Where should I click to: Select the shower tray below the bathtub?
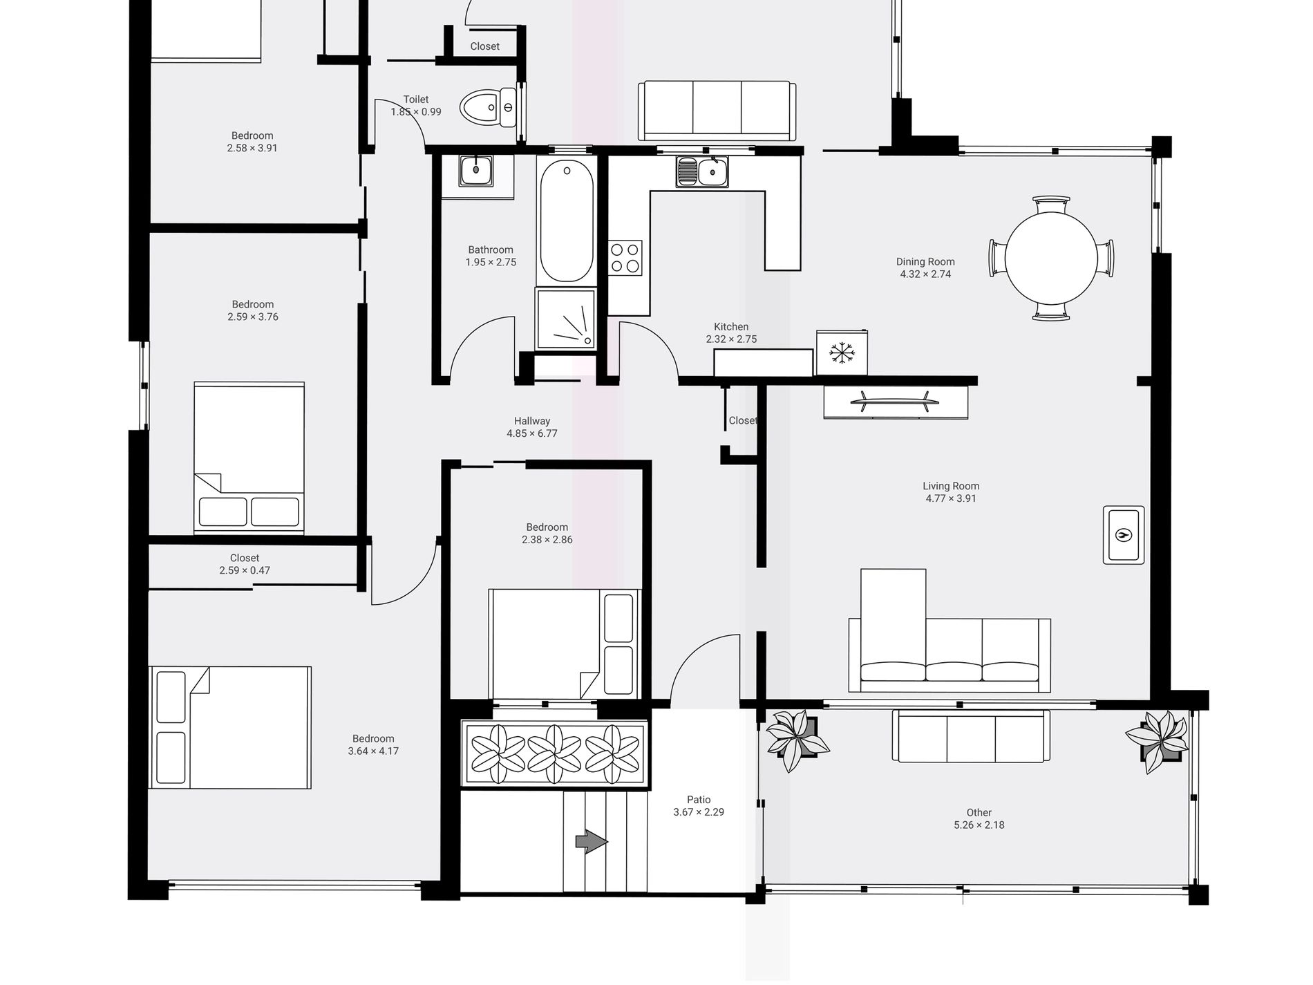(x=566, y=319)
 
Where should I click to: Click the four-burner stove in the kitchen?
(x=625, y=257)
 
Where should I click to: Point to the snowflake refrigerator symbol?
(x=842, y=353)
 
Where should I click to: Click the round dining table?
(x=1051, y=258)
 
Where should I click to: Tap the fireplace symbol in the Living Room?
(x=1124, y=534)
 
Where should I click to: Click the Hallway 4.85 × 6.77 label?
(x=532, y=427)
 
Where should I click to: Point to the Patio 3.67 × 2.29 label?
(x=699, y=806)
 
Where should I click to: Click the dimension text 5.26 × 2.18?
(x=979, y=825)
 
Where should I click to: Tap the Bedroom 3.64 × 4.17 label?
(x=373, y=744)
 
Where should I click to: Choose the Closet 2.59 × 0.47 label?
(x=245, y=564)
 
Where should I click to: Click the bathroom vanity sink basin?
(x=476, y=170)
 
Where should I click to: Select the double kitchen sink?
(x=702, y=171)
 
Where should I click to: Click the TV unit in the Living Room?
(x=896, y=402)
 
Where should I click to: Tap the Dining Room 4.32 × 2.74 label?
(x=925, y=268)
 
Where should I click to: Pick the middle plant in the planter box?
(x=554, y=754)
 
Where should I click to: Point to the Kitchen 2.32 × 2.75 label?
(x=731, y=333)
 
